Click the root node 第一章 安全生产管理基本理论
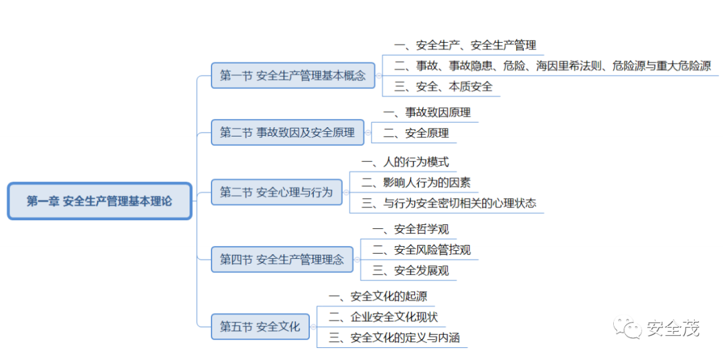(99, 201)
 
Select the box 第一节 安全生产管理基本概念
(293, 76)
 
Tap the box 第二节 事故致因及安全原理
(287, 132)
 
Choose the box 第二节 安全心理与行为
(276, 192)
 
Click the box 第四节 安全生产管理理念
(282, 259)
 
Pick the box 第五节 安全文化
(260, 327)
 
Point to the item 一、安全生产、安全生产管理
(465, 46)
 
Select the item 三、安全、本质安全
(443, 86)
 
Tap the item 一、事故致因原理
(426, 112)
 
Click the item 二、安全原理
(416, 133)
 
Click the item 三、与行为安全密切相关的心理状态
(448, 203)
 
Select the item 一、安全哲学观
(410, 230)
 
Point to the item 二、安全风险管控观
(421, 250)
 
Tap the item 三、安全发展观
(410, 270)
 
